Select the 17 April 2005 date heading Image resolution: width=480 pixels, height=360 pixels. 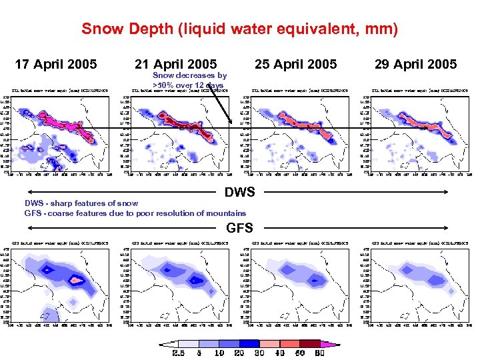point(56,64)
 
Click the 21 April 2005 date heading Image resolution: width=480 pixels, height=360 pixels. point(175,64)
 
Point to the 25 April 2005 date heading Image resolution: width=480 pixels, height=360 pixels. point(296,64)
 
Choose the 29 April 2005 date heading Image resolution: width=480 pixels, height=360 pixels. point(415,64)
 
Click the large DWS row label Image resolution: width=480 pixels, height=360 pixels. point(240,193)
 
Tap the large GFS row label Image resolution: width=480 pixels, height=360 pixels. point(240,227)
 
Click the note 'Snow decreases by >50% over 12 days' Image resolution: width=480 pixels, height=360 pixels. point(189,81)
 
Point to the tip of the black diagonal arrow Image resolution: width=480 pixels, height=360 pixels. point(231,123)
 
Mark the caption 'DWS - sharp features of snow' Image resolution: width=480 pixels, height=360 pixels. point(81,203)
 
